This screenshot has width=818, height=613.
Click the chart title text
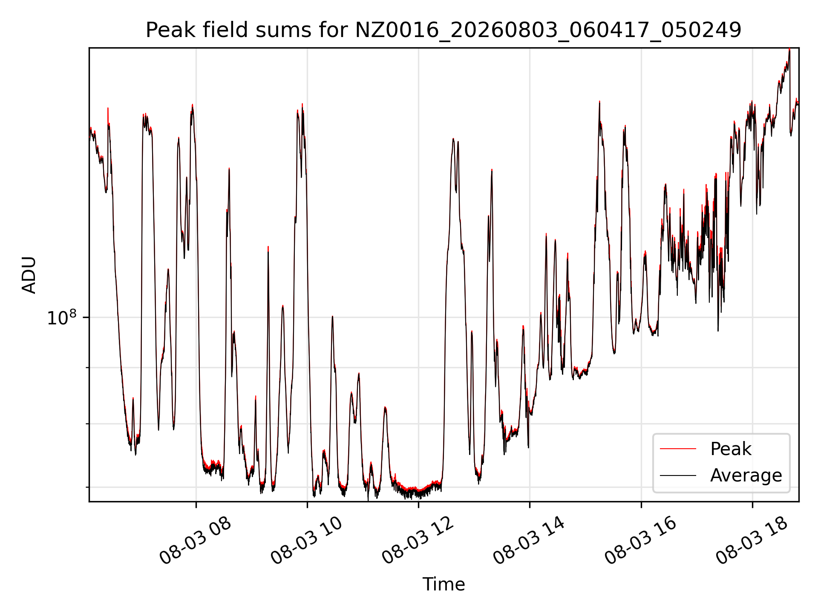click(x=444, y=30)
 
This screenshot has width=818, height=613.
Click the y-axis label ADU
click(x=29, y=275)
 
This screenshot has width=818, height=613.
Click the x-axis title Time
click(x=444, y=584)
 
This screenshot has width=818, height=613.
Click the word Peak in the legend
click(x=731, y=449)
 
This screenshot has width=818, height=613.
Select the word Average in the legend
click(x=746, y=476)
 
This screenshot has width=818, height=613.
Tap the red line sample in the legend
click(x=678, y=449)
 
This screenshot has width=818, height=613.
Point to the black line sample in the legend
click(x=678, y=476)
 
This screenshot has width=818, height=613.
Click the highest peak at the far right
click(x=789, y=49)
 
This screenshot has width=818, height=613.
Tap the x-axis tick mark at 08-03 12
click(x=418, y=504)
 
